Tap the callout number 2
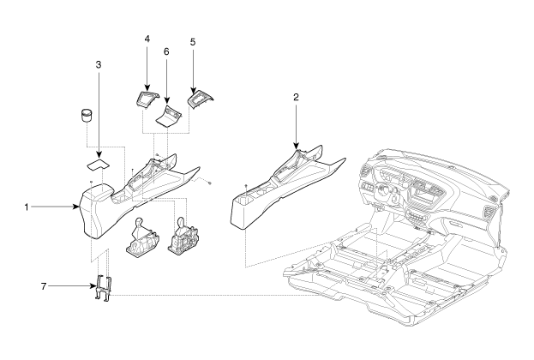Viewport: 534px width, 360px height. coord(295,97)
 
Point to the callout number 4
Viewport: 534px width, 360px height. coord(147,39)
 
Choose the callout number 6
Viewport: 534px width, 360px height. coord(166,51)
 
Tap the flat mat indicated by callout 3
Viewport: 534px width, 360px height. coord(99,160)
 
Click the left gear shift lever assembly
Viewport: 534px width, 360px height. coord(139,238)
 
